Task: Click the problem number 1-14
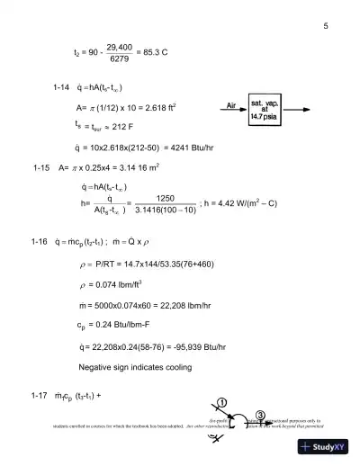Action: (63, 91)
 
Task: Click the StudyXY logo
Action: (329, 447)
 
